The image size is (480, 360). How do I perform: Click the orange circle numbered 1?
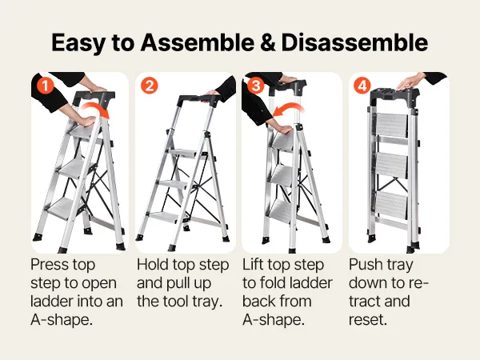pyautogui.click(x=45, y=86)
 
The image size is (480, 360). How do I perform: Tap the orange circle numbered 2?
pyautogui.click(x=150, y=86)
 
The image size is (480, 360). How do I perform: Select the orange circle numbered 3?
pyautogui.click(x=256, y=86)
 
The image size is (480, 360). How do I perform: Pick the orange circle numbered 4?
pyautogui.click(x=362, y=86)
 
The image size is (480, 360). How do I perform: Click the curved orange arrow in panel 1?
pyautogui.click(x=98, y=106)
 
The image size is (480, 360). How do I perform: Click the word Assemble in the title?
pyautogui.click(x=197, y=42)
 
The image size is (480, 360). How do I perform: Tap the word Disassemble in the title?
pyautogui.click(x=354, y=42)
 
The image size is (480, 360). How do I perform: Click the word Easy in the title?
pyautogui.click(x=78, y=43)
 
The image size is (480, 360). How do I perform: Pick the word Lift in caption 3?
pyautogui.click(x=253, y=265)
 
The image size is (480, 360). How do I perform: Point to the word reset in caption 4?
pyautogui.click(x=368, y=319)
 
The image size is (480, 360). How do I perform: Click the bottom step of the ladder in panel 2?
pyautogui.click(x=163, y=217)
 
